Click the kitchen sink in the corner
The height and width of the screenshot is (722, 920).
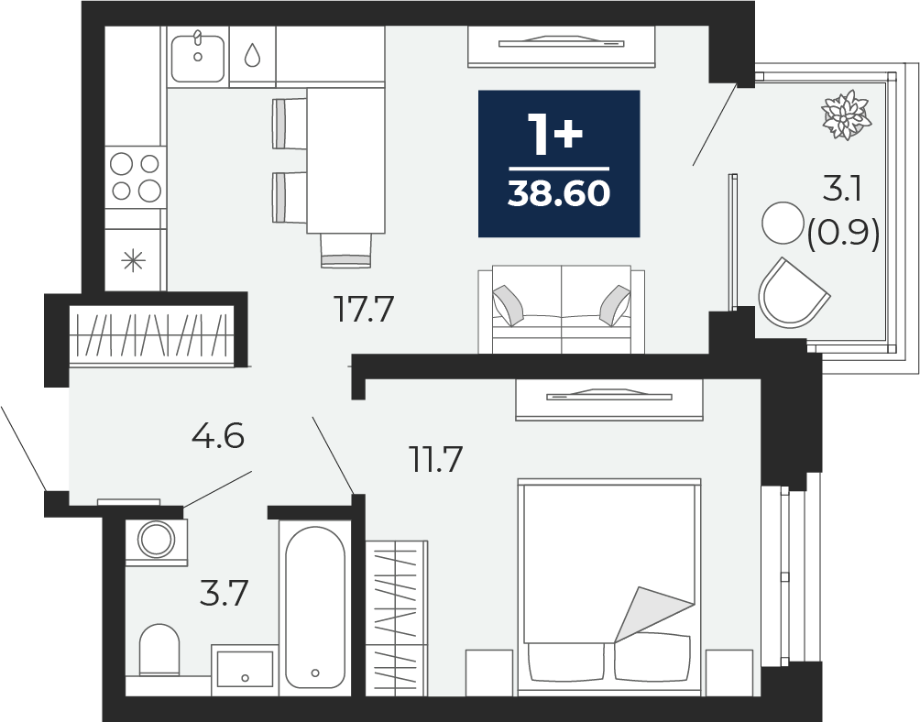click(198, 57)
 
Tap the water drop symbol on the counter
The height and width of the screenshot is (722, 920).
click(252, 55)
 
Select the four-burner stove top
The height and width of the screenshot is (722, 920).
click(136, 177)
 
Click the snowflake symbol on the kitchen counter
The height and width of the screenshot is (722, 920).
click(133, 260)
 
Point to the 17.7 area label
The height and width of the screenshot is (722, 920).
click(363, 309)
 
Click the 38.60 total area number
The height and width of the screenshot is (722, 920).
click(559, 194)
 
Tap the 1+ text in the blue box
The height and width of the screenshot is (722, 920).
click(554, 135)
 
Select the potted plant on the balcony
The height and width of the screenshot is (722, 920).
click(846, 115)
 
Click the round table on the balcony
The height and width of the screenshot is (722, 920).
click(783, 223)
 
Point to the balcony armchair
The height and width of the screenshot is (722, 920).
click(793, 294)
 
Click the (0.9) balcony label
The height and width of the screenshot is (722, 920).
click(843, 235)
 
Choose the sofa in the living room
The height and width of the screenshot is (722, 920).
click(562, 309)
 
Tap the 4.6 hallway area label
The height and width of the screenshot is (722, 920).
click(218, 436)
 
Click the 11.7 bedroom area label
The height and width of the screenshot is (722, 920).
click(436, 459)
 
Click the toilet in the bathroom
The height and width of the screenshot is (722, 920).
click(159, 650)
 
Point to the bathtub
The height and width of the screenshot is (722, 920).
click(315, 607)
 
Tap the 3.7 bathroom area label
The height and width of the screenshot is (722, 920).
click(225, 593)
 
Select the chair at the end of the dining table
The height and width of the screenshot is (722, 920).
click(346, 250)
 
